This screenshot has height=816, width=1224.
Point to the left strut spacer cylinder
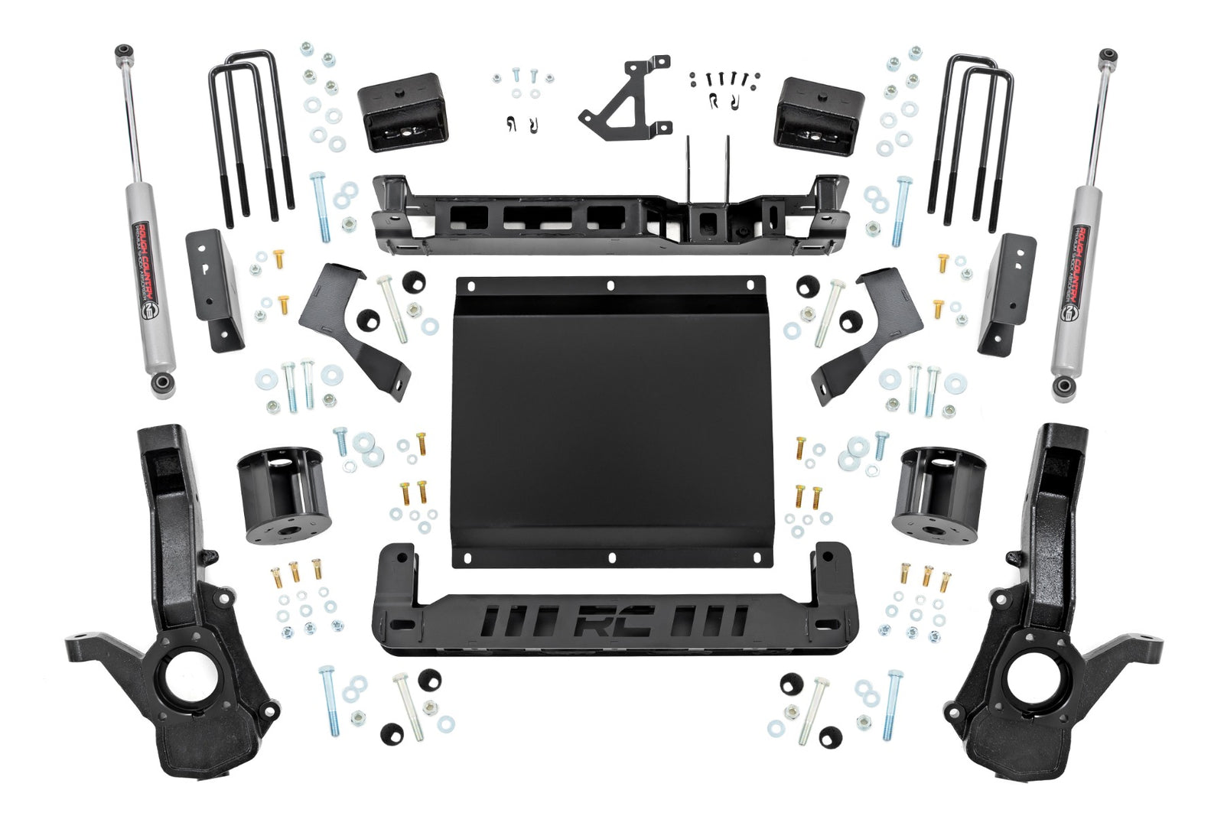284,495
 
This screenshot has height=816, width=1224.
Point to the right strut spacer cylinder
939,495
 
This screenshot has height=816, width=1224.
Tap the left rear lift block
401,112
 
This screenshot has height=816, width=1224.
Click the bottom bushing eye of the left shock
162,383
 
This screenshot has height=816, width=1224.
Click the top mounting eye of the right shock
1107,57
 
